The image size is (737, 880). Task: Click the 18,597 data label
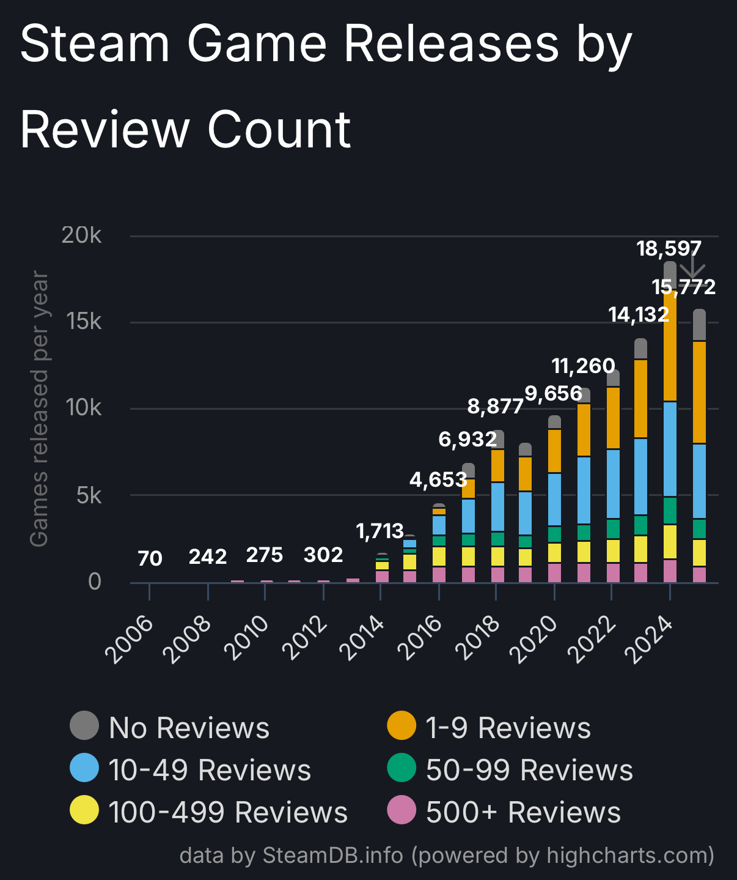pyautogui.click(x=669, y=249)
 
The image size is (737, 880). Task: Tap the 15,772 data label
pyautogui.click(x=683, y=287)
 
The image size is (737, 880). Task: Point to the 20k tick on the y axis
pyautogui.click(x=81, y=235)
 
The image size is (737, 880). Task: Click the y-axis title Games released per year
pyautogui.click(x=39, y=409)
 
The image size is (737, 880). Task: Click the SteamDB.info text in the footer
pyautogui.click(x=332, y=855)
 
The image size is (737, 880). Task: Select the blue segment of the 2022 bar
pyautogui.click(x=612, y=483)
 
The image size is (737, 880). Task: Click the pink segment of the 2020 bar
pyautogui.click(x=554, y=572)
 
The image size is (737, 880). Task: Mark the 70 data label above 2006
pyautogui.click(x=150, y=558)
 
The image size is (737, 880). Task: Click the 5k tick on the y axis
pyautogui.click(x=89, y=495)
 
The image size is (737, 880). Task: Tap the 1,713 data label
pyautogui.click(x=380, y=531)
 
